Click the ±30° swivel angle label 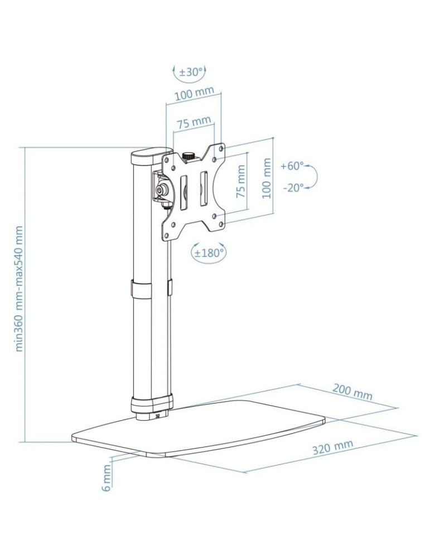tap(189, 72)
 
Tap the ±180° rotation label tap(209, 252)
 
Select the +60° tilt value tap(292, 166)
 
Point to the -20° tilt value tap(293, 188)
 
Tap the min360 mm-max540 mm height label tap(20, 288)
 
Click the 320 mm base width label tap(332, 448)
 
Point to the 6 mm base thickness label tap(107, 478)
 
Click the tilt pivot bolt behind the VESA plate tap(162, 190)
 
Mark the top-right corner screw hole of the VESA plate tap(222, 149)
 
